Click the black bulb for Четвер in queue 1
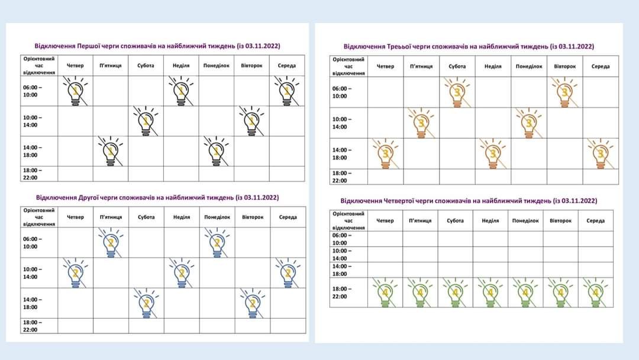pos(75,92)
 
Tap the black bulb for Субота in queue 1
pos(146,121)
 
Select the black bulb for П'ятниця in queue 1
pos(111,152)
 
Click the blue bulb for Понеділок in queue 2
pos(217,243)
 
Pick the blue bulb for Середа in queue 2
pos(288,273)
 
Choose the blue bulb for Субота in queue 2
pos(146,303)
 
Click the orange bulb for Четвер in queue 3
pos(385,154)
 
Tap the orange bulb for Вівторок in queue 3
pos(564,92)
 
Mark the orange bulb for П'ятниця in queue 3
pos(421,123)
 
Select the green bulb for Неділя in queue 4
pos(490,292)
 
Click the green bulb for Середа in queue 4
pos(595,292)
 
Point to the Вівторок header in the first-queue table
pos(251,66)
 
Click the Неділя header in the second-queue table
pos(182,217)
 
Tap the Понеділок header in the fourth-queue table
pos(525,221)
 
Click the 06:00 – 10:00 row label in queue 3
pos(340,92)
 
